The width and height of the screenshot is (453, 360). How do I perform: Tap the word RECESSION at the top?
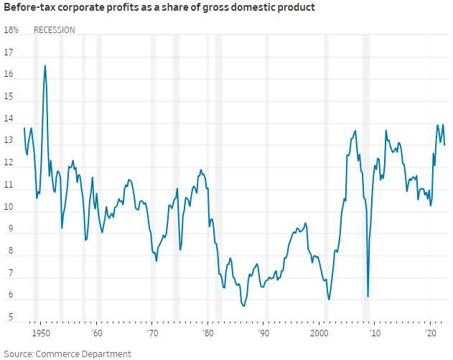coord(55,30)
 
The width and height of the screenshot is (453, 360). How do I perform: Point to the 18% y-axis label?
coord(11,30)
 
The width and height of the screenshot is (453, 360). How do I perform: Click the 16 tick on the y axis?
coord(9,75)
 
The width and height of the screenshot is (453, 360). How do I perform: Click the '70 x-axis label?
coord(151,335)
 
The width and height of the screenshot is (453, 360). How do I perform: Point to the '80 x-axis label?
coord(207,335)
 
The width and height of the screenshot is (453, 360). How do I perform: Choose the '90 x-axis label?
coord(263,335)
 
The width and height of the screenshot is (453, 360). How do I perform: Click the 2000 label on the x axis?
coord(319,335)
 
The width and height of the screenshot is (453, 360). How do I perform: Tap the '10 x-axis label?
coord(374,335)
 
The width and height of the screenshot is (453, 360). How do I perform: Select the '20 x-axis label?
coord(431,335)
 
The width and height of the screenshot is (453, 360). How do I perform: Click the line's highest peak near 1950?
coord(45,65)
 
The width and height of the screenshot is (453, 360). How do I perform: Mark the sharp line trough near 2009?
coord(368,296)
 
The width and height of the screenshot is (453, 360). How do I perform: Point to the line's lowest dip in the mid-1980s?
coord(244,306)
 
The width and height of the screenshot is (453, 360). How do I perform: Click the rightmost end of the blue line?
coord(444,145)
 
